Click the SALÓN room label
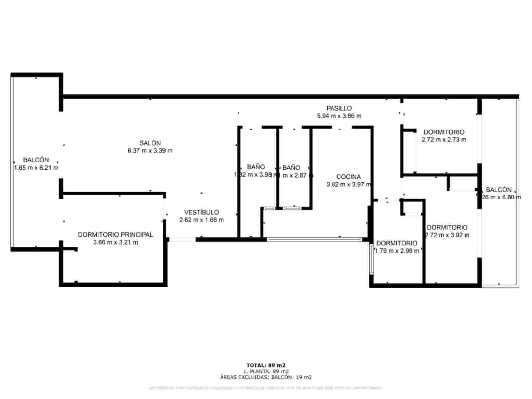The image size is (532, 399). coord(150,143)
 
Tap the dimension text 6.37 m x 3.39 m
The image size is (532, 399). coord(150,151)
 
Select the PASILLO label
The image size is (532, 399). coord(339,108)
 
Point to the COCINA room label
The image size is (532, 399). coord(348,177)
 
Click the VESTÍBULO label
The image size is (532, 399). coord(201,212)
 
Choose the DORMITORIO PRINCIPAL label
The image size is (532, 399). coord(115,235)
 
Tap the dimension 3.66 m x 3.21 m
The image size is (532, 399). coord(115,242)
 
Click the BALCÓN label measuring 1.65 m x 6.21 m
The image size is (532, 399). coord(36,160)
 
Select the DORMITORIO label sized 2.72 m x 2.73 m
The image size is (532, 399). coord(444,132)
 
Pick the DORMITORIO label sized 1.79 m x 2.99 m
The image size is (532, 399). coord(397,243)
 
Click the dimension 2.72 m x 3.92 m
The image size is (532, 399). coord(448,235)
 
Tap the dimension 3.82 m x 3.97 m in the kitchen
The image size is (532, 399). coord(348,185)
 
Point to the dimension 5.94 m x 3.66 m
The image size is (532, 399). coord(339,116)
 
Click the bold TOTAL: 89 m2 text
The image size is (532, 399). coord(266,365)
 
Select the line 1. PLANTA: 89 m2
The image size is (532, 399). coord(266,371)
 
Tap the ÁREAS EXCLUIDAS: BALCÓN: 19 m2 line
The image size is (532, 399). coord(266,377)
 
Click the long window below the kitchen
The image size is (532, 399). coord(315,239)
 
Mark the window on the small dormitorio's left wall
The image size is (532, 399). coord(371,259)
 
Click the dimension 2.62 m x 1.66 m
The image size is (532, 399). coord(201,220)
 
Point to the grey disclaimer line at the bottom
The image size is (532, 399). coord(266,388)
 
